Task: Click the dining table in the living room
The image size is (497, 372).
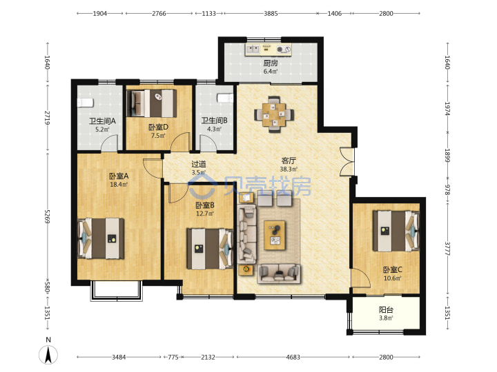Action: [274, 114]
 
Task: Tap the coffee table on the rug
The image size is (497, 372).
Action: [275, 235]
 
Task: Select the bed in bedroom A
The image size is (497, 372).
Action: [101, 238]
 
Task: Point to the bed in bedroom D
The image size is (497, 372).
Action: [151, 103]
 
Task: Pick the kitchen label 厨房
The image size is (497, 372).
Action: [271, 63]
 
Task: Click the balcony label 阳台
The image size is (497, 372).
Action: [386, 310]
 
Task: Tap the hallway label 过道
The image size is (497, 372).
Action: [199, 164]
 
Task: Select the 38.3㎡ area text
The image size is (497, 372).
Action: [289, 169]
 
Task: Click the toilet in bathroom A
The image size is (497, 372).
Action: [86, 103]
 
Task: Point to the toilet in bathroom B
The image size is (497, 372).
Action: [225, 98]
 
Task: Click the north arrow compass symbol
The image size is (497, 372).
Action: [48, 354]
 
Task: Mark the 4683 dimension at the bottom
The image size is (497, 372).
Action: [293, 357]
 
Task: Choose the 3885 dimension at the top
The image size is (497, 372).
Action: [271, 13]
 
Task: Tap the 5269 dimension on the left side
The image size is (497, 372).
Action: [47, 216]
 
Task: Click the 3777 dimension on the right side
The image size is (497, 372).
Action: [447, 249]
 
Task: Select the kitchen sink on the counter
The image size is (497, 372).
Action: [253, 49]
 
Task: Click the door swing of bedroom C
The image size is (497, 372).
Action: [361, 278]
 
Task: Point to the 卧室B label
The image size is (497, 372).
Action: [205, 205]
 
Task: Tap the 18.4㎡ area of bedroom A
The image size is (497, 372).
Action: [119, 184]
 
